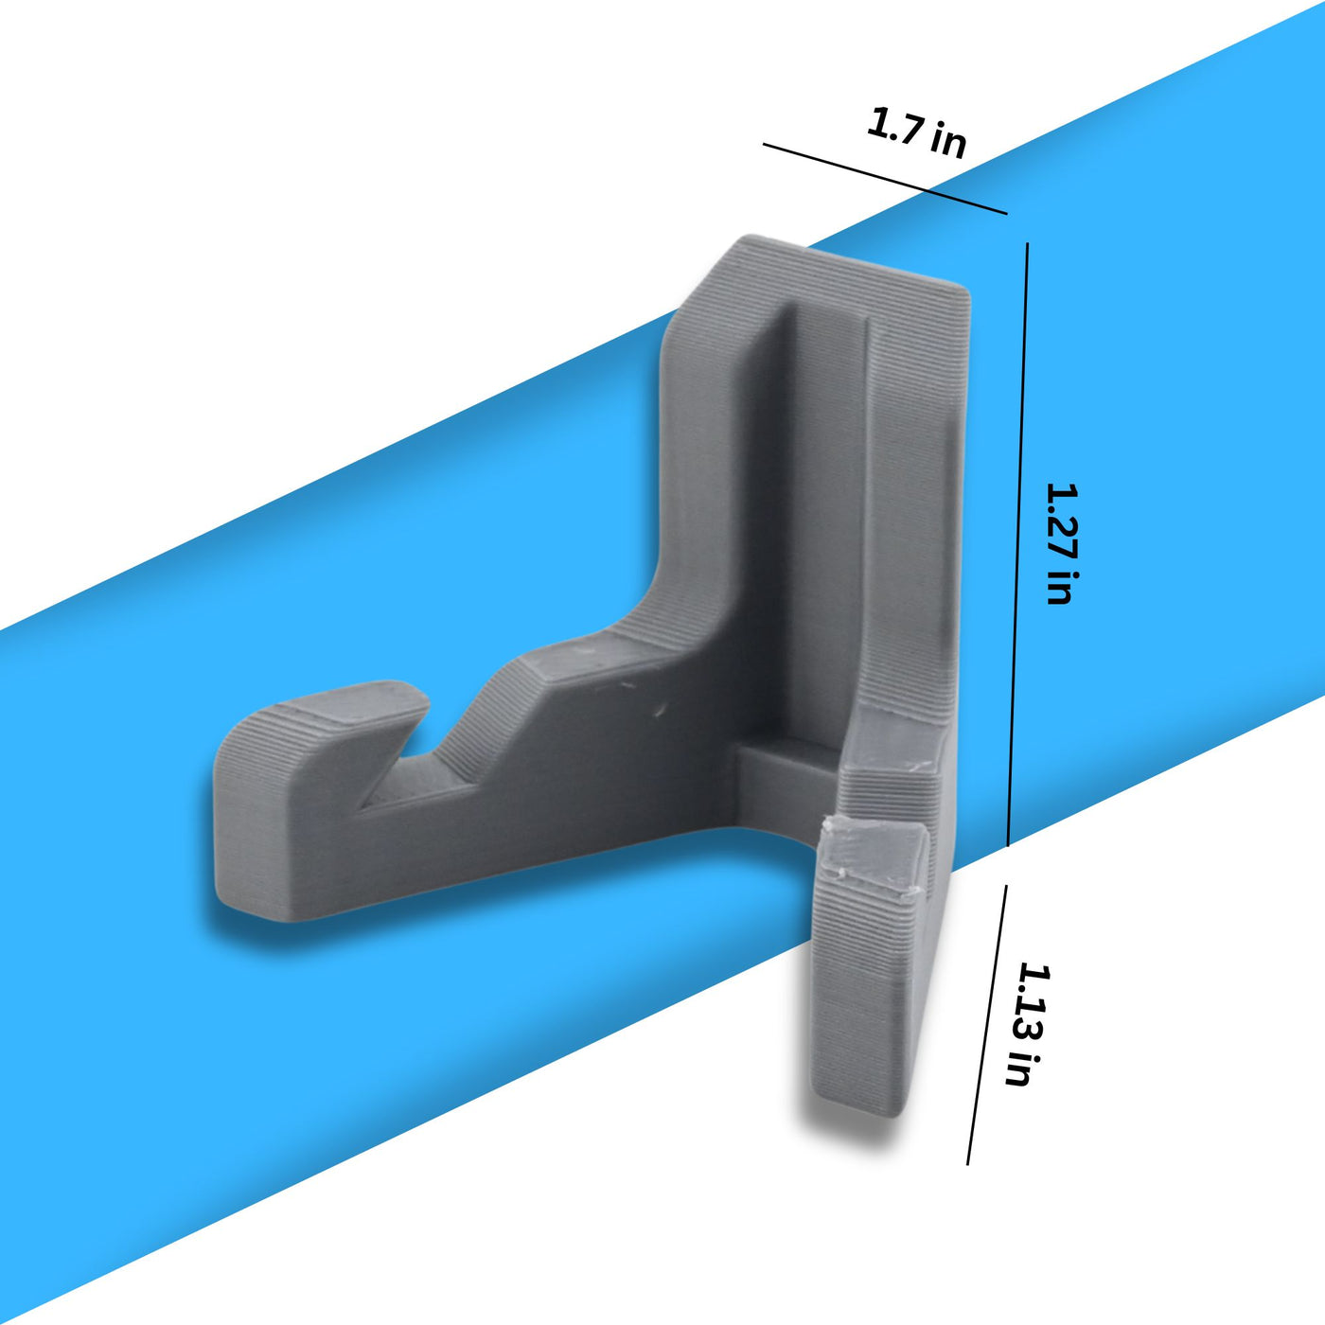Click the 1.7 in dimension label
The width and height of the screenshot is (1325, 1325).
(916, 134)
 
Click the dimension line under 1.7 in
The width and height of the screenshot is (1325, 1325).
(885, 179)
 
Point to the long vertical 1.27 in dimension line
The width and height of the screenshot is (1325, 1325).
(1017, 544)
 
